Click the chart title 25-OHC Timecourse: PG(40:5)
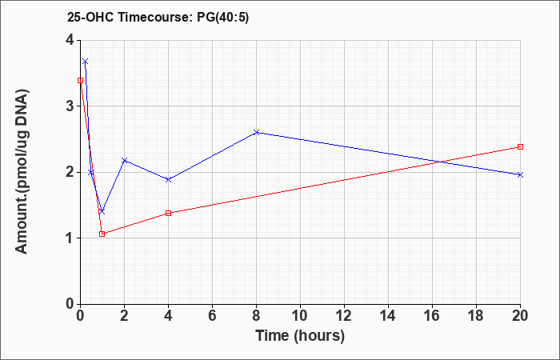tap(158, 17)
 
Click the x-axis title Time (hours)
tap(300, 336)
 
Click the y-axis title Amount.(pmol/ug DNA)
tap(22, 172)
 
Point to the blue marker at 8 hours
tap(256, 133)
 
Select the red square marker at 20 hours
tap(520, 146)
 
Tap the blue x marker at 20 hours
tap(520, 174)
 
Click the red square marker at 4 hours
tap(168, 214)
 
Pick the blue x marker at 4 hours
tap(168, 179)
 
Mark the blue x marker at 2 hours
tap(124, 160)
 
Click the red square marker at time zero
tap(80, 80)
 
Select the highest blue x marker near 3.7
tap(86, 62)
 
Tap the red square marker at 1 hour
tap(102, 234)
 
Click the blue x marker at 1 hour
tap(102, 212)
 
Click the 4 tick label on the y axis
tap(70, 40)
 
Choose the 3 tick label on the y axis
tap(70, 106)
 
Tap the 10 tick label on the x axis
tap(300, 316)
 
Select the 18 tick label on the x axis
tap(476, 316)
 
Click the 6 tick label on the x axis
tap(212, 316)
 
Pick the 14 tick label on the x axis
tap(388, 316)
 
